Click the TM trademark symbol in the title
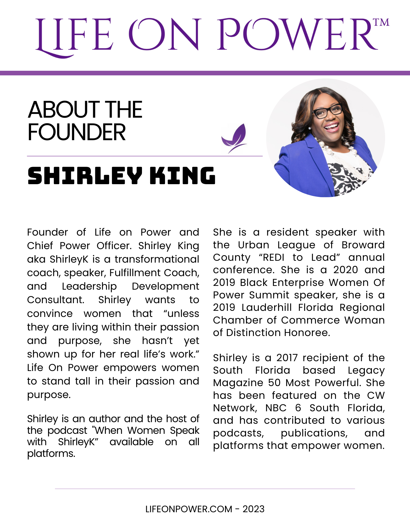(x=382, y=23)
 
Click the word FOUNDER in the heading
(x=77, y=132)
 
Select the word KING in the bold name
(x=183, y=176)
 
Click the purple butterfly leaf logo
(x=235, y=138)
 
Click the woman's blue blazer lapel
(x=316, y=154)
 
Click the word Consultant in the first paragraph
(x=55, y=300)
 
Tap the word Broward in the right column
(x=363, y=245)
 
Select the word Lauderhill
(x=266, y=307)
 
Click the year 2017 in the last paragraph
(x=287, y=358)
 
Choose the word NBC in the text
(x=276, y=408)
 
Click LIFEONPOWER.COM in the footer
(x=189, y=509)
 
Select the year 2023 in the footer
(x=253, y=509)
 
